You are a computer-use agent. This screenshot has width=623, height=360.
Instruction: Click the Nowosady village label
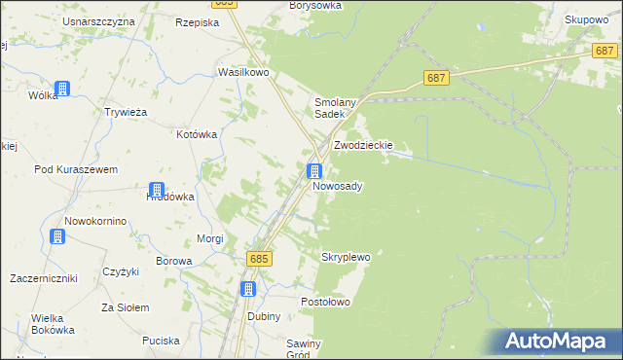[338, 185]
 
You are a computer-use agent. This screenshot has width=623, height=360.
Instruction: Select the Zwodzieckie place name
[363, 145]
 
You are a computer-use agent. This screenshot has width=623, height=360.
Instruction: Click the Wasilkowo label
[242, 73]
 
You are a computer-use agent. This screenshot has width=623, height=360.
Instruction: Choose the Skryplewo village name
[346, 257]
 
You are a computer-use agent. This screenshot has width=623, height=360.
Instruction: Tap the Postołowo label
[325, 302]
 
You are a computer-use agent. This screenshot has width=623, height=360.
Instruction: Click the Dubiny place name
[263, 316]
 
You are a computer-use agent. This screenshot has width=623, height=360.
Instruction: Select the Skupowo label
[587, 19]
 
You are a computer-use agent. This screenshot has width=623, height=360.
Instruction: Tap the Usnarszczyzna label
[97, 21]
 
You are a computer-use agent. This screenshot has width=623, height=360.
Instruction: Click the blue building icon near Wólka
[62, 89]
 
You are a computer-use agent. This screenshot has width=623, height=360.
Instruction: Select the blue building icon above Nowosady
[314, 170]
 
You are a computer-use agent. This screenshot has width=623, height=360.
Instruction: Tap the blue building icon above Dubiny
[248, 289]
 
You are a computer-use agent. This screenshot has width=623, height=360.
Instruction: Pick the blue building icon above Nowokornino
[58, 236]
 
